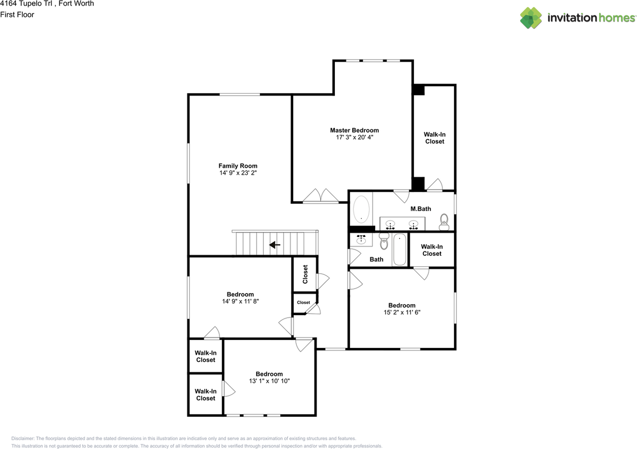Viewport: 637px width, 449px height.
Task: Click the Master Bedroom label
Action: (x=354, y=130)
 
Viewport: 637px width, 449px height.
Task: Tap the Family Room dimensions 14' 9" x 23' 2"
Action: (x=238, y=173)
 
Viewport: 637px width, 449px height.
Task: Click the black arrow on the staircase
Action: (x=274, y=245)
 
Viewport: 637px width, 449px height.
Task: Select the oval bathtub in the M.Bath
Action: (x=361, y=209)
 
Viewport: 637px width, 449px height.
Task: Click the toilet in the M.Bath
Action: (x=444, y=222)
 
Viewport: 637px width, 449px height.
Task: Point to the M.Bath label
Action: (x=421, y=209)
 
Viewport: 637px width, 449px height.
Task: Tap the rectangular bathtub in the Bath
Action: (x=400, y=250)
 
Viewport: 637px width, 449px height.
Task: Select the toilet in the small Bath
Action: (x=384, y=242)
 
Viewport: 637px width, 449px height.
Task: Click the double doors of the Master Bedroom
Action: (x=321, y=196)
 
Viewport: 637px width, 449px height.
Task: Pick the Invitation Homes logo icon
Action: (x=531, y=18)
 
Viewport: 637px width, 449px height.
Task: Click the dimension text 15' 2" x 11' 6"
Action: (x=402, y=313)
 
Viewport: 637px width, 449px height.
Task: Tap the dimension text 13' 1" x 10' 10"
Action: (x=269, y=381)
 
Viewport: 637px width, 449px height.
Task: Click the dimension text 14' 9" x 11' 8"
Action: (x=240, y=301)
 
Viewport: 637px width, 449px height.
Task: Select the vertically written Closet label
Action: (x=305, y=274)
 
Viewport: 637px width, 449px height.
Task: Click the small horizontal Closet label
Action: (x=304, y=303)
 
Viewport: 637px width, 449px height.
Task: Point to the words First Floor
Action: (x=17, y=14)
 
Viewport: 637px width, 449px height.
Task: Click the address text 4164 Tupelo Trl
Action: (x=29, y=4)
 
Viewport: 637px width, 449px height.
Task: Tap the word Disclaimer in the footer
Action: (x=24, y=439)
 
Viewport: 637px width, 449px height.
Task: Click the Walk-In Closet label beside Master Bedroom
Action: (x=434, y=138)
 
